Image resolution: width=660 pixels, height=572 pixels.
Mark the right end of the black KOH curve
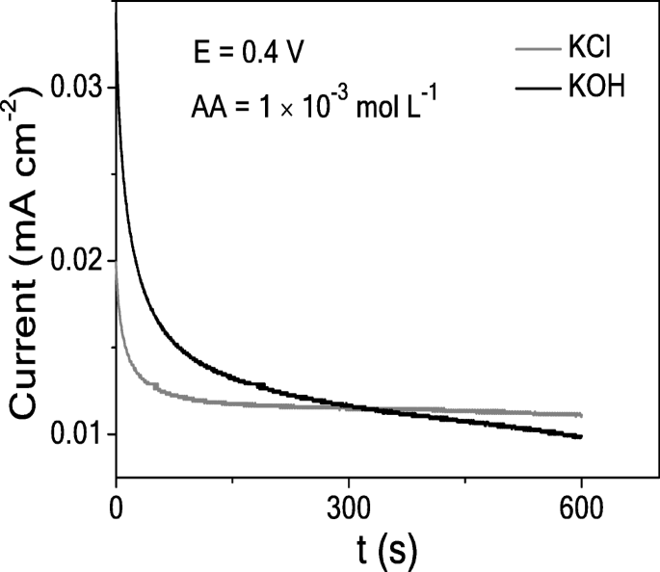click(x=581, y=437)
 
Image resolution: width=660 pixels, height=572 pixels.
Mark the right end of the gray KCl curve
click(x=581, y=415)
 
